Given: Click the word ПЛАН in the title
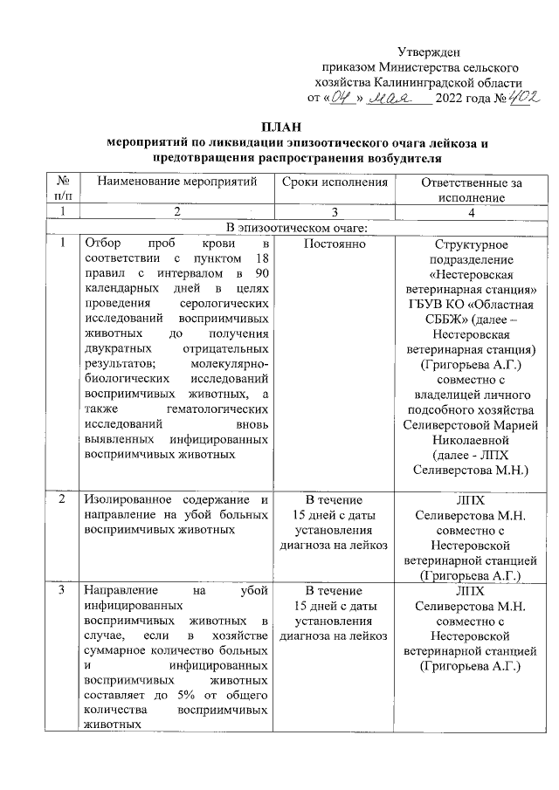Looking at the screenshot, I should [279, 127].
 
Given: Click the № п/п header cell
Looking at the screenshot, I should [62, 189].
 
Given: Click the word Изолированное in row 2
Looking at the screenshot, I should [122, 499].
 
